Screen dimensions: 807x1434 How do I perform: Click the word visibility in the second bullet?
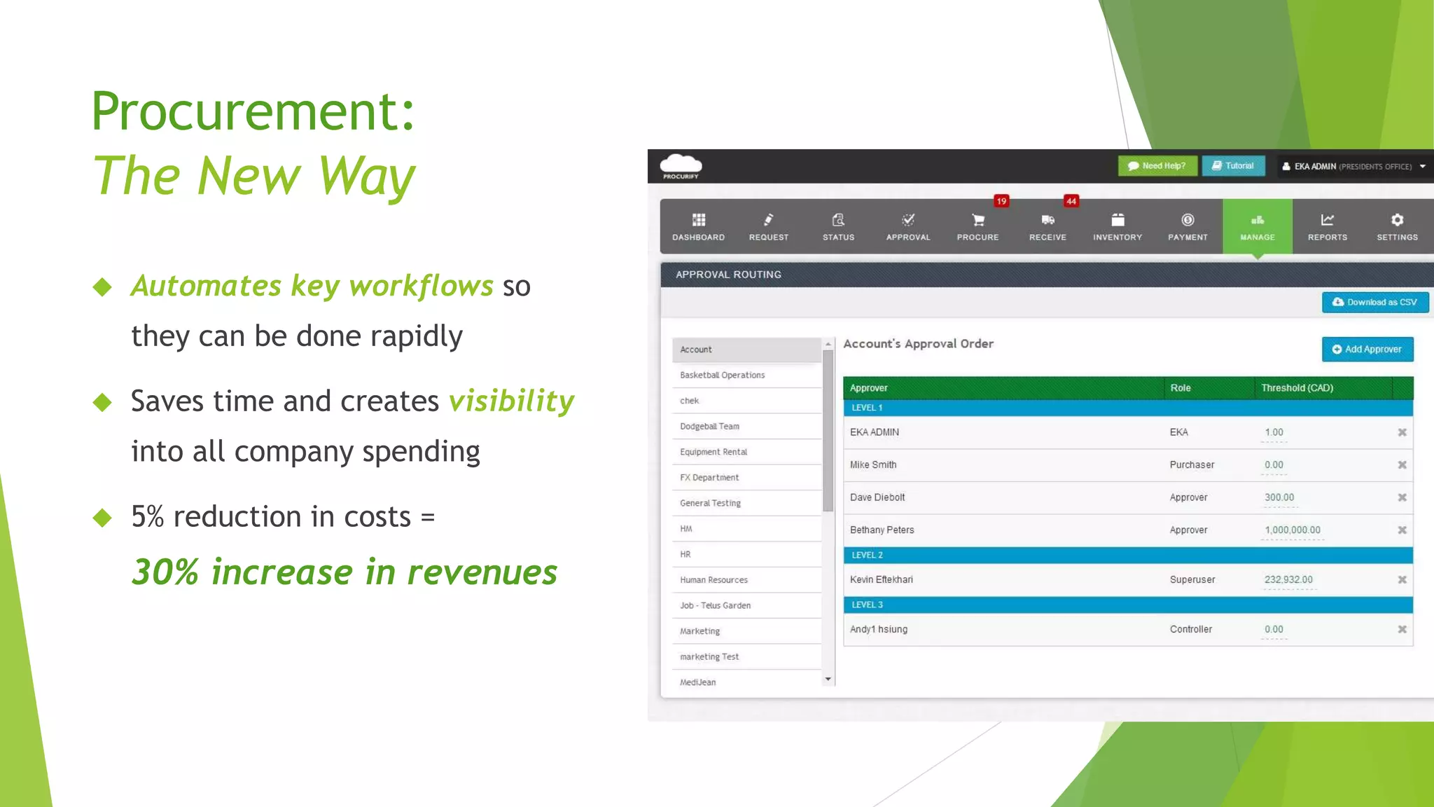(x=511, y=401)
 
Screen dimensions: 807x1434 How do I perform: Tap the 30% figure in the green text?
(x=166, y=572)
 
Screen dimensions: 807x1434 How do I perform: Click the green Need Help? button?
(x=1157, y=166)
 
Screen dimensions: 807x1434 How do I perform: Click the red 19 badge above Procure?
(x=1001, y=201)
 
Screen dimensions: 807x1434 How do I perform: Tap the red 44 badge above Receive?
(x=1071, y=201)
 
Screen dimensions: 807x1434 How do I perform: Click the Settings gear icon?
(x=1397, y=220)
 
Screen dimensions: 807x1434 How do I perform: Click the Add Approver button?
(x=1367, y=349)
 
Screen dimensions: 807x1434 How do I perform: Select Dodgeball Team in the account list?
(x=709, y=426)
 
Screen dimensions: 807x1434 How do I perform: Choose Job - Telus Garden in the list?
(x=715, y=605)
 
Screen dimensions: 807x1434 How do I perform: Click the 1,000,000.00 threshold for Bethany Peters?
(x=1292, y=530)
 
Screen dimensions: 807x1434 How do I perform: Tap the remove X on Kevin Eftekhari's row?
(x=1402, y=579)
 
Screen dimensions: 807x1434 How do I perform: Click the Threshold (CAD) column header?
(x=1297, y=388)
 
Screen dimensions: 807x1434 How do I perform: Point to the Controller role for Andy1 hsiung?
(x=1190, y=629)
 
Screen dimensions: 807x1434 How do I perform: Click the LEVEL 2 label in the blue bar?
(x=867, y=555)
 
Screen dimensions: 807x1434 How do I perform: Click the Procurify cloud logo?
(x=681, y=165)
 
